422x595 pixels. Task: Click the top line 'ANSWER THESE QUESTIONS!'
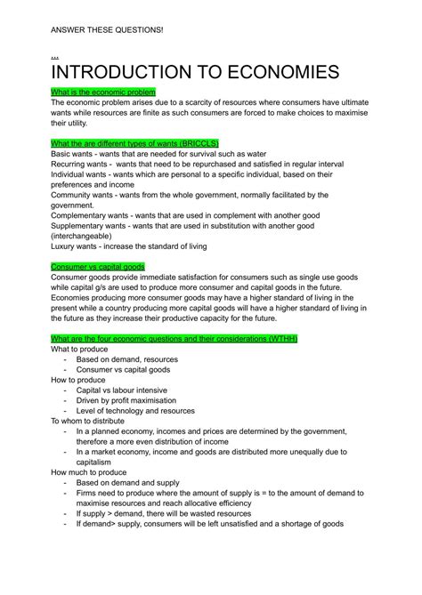[107, 28]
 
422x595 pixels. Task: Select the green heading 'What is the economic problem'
[103, 92]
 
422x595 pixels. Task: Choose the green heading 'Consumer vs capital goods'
[97, 267]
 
